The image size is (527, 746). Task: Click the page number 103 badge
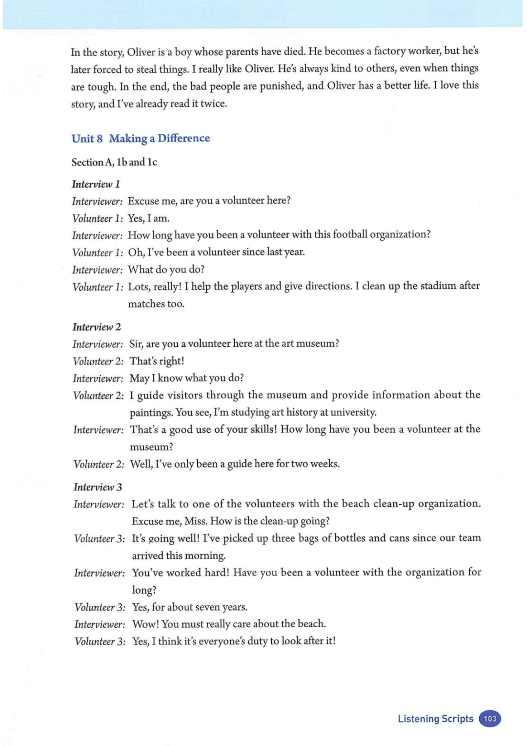coord(490,719)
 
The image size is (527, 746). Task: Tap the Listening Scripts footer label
coord(435,719)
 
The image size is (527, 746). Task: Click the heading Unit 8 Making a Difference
coord(141,138)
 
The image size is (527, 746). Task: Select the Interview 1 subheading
coord(96,184)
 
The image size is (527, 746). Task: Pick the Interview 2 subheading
coord(97,327)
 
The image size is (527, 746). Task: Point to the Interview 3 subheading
coord(98,487)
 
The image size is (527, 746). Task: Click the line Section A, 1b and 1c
coord(114,162)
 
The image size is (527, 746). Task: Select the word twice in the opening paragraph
coord(213,104)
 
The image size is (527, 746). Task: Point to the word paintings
coord(151,413)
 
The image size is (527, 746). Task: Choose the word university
coord(353,412)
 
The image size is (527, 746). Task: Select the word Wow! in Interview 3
coord(145,624)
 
